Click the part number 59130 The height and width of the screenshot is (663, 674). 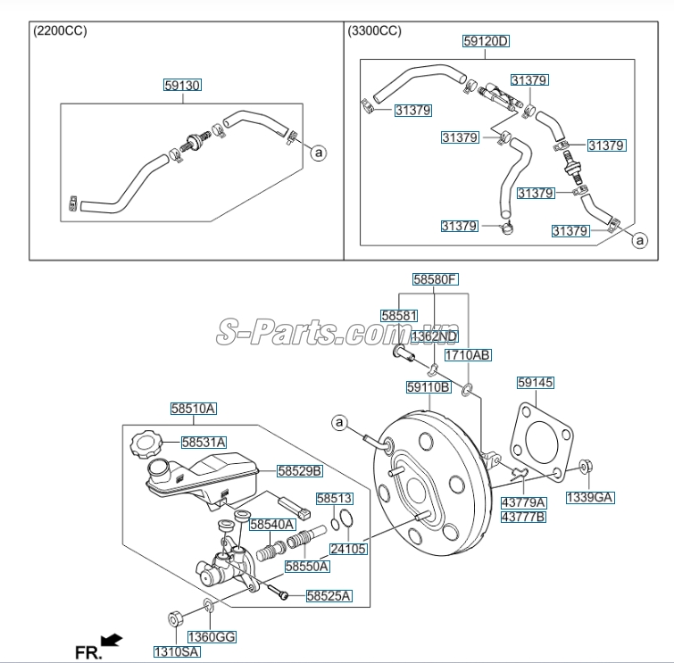[182, 86]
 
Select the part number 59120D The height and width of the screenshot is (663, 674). [486, 41]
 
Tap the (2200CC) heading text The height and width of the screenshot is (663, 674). [60, 31]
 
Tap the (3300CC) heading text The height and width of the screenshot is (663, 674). [374, 31]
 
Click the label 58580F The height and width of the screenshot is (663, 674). [435, 279]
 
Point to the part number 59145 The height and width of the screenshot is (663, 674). [536, 382]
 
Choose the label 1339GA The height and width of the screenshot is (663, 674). [590, 496]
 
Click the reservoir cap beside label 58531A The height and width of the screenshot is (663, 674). [144, 443]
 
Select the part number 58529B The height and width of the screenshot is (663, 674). [299, 469]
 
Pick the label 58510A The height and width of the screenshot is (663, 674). [194, 409]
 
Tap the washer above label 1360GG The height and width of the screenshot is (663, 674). [208, 608]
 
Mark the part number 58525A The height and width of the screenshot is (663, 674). [329, 595]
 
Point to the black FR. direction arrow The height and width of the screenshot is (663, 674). [112, 639]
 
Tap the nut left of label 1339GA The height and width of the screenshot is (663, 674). [585, 465]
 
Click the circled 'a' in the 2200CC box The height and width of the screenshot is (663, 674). [318, 153]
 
